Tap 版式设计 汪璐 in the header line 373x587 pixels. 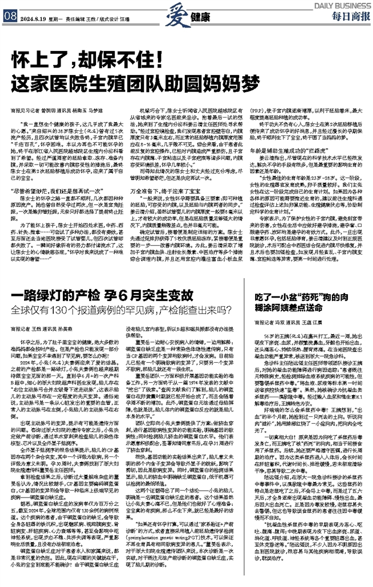pyautogui.click(x=118, y=17)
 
